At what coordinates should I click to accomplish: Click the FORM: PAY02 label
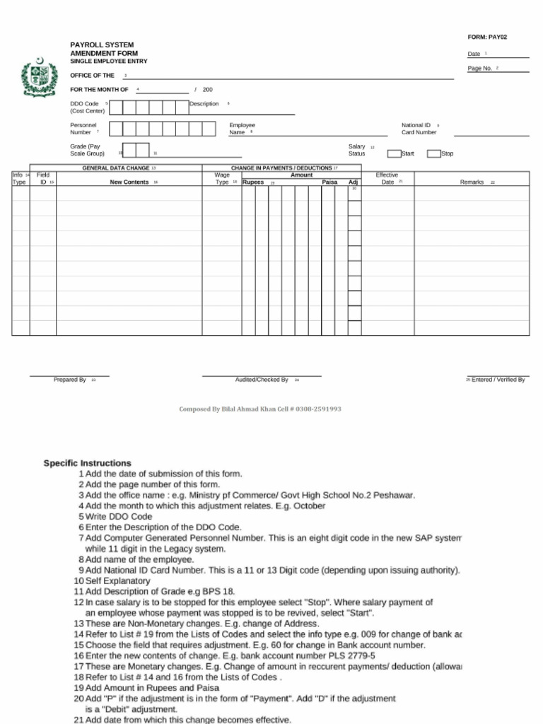[487, 37]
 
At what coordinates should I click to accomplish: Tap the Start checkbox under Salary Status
[394, 153]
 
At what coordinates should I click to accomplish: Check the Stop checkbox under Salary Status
[433, 153]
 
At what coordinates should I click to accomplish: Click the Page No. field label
[480, 69]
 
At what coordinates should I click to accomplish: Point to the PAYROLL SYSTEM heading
[102, 45]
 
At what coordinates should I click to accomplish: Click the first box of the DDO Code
[116, 107]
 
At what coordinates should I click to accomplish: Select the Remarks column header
[472, 182]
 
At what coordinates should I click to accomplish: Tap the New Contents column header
[129, 182]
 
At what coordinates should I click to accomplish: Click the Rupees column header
[253, 182]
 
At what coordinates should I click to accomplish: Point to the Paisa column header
[329, 182]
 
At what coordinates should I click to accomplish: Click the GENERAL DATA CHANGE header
[116, 168]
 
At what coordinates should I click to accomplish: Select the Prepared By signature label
[70, 380]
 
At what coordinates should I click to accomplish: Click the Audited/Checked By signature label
[262, 380]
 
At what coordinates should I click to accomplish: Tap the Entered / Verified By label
[498, 380]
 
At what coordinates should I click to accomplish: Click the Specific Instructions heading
[88, 463]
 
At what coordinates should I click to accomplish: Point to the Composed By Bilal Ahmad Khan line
[260, 409]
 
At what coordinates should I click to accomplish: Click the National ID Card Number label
[419, 129]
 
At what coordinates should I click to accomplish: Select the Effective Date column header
[387, 178]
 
